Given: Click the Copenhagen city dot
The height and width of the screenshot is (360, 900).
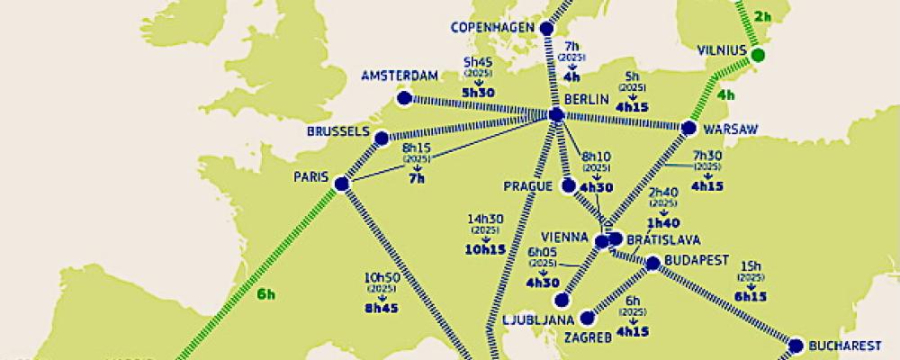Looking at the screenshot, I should click(546, 29).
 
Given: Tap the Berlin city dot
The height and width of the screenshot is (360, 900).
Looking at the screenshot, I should click(556, 115).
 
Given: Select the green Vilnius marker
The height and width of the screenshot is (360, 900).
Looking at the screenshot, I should click(758, 56).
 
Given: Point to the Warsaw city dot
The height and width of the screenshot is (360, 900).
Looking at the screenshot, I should click(688, 128).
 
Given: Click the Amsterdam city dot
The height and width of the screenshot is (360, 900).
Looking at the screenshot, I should click(404, 98).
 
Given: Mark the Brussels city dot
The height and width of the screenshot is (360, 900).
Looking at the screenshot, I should click(382, 139).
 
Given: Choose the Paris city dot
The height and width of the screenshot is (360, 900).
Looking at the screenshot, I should click(341, 184).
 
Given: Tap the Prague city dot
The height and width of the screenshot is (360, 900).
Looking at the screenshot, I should click(568, 186).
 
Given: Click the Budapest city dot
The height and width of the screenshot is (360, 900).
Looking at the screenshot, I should click(653, 263).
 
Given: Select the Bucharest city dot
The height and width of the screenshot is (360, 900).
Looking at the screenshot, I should click(796, 345).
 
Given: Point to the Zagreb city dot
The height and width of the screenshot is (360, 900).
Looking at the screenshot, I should click(589, 318).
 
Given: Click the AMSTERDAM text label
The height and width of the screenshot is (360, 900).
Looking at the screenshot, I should click(400, 76).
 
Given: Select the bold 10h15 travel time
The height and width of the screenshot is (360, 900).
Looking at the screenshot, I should click(485, 250).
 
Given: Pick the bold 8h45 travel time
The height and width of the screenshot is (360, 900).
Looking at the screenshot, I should click(382, 306).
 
